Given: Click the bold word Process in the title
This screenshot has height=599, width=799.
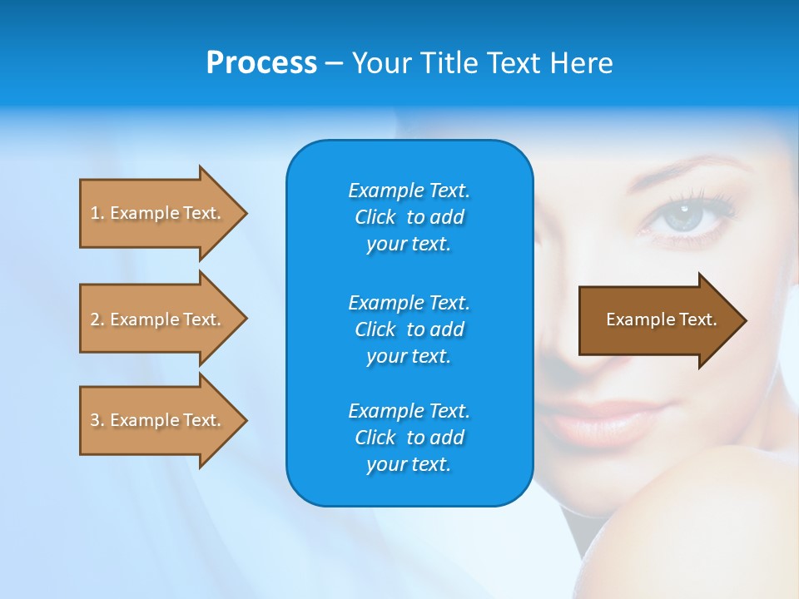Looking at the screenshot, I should [261, 63].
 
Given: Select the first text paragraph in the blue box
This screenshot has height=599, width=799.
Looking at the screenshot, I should [409, 217].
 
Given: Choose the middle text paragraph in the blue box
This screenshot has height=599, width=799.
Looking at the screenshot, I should [409, 329].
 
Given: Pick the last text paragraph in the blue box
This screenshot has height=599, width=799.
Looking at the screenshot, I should [409, 438].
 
